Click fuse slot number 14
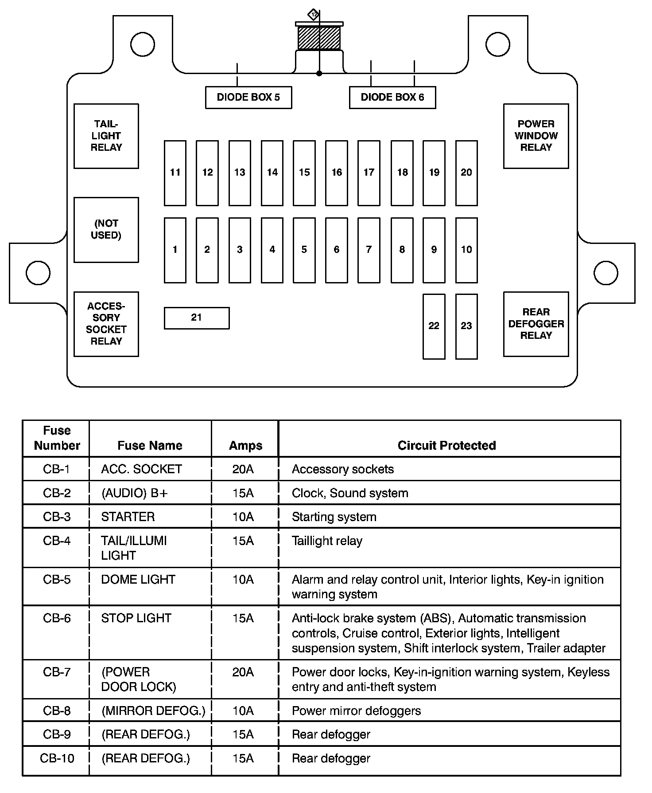point(272,173)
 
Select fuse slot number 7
point(369,250)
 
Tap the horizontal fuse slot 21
point(197,318)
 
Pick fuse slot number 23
point(466,326)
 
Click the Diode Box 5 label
point(248,98)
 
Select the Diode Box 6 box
point(392,98)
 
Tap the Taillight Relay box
point(106,136)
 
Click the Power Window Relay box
point(536,136)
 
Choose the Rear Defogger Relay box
point(536,324)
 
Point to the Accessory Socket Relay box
point(106,324)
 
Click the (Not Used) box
point(106,230)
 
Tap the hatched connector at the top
point(319,38)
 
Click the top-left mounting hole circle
point(143,44)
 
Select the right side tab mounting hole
point(605,273)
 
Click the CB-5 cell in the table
point(57,580)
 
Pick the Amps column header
point(245,445)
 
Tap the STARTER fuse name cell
point(128,517)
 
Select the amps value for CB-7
point(243,672)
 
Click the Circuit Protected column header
point(446,445)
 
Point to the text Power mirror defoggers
point(356,711)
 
